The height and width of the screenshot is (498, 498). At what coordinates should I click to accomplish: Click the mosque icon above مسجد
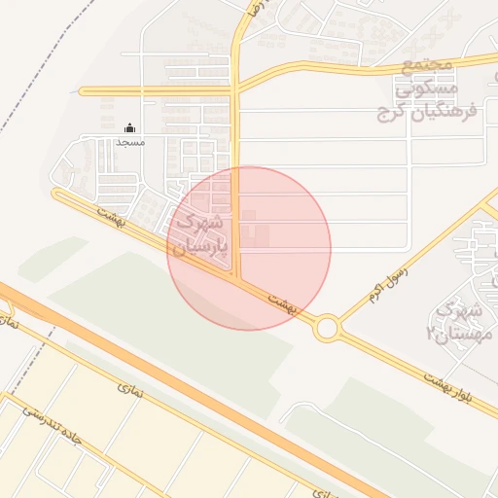click(130, 127)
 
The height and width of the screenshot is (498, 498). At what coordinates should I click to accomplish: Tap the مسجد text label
click(130, 142)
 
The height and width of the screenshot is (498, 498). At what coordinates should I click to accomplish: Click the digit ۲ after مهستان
click(430, 334)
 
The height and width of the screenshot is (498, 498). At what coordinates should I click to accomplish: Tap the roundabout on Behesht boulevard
click(327, 328)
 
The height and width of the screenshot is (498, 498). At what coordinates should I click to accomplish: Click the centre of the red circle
click(249, 248)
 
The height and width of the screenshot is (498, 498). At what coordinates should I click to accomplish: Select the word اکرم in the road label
click(377, 291)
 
